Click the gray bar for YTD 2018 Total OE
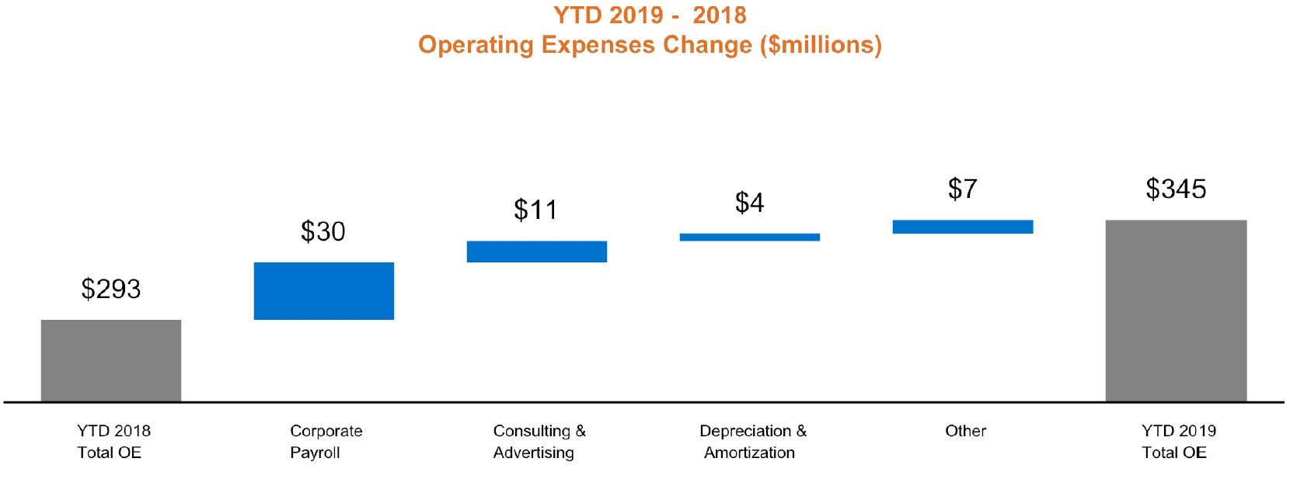pos(111,360)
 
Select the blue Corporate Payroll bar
pos(323,290)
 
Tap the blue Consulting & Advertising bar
pos(536,252)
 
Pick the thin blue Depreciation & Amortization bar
pos(749,237)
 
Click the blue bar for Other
pos(962,227)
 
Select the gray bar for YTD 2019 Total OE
pos(1176,311)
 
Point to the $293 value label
pos(111,289)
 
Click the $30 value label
pos(323,231)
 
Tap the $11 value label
pos(536,210)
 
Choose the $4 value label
pos(749,203)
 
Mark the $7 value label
pos(962,189)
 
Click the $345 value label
pos(1176,189)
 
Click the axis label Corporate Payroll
pos(326,441)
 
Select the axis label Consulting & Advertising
pos(539,441)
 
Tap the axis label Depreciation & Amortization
pos(752,441)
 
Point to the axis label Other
pos(965,431)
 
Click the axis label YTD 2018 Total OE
pos(113,441)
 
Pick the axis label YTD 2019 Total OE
pos(1178,441)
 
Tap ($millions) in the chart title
pos(821,45)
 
